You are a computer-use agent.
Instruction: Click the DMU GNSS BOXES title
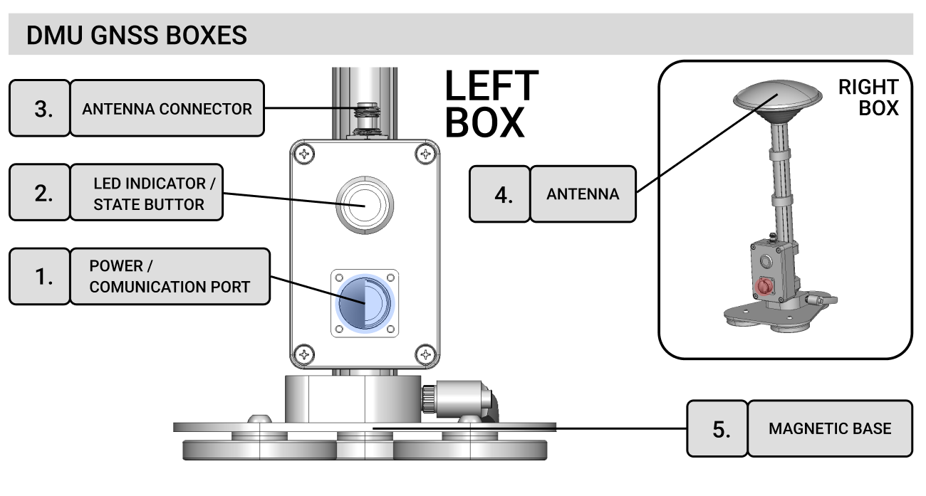click(137, 36)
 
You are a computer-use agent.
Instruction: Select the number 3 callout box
click(39, 108)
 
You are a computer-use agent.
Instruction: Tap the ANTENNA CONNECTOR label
click(167, 109)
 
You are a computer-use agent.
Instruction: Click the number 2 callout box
click(39, 194)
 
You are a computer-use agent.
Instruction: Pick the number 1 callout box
click(39, 277)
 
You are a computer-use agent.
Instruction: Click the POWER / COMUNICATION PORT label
click(170, 277)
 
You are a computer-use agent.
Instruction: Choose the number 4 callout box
click(499, 194)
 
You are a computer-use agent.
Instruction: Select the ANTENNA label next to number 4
click(583, 194)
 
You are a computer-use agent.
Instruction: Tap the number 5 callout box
click(717, 428)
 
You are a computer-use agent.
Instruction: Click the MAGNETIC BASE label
click(829, 428)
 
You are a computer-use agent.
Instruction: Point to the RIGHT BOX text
click(868, 98)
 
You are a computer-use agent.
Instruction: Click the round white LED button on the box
click(363, 204)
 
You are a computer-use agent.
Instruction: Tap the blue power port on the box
click(365, 302)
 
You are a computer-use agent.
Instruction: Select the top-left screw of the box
click(304, 154)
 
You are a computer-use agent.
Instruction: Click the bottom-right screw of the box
click(425, 353)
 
